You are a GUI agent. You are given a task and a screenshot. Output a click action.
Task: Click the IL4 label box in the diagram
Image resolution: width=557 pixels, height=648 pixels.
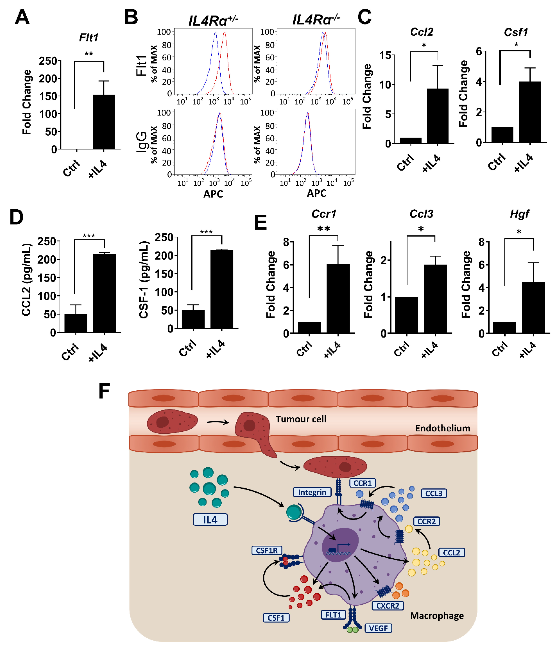point(210,519)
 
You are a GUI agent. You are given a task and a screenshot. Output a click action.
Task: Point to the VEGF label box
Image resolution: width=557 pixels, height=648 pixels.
point(378,628)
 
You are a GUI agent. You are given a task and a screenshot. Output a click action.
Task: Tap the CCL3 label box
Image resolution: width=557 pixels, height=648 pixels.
point(433,493)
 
